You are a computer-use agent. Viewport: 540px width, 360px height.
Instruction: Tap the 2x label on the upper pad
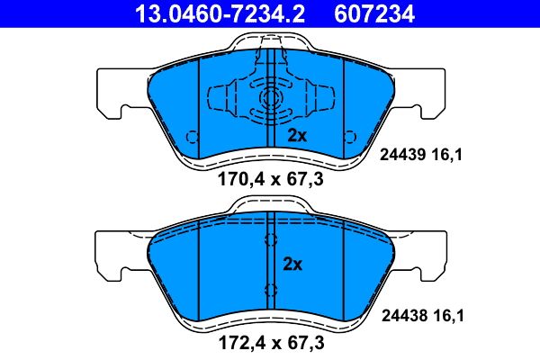click(x=298, y=136)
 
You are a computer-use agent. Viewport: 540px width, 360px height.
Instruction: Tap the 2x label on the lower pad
click(x=293, y=265)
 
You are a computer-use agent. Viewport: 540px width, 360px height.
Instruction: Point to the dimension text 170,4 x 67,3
click(x=271, y=179)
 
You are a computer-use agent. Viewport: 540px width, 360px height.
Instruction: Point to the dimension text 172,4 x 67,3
click(x=271, y=343)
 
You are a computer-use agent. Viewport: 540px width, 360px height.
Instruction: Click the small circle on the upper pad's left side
click(x=190, y=136)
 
